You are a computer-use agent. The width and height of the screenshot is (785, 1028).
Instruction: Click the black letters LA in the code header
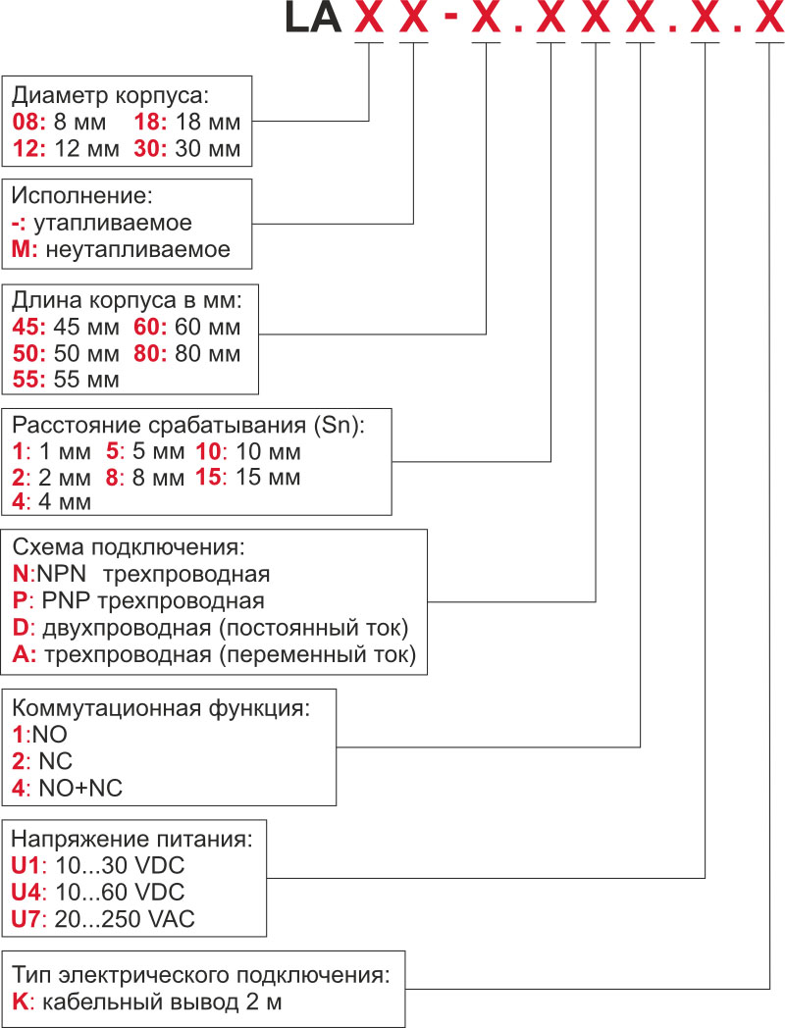[311, 19]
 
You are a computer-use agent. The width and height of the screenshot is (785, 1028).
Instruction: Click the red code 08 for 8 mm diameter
[25, 124]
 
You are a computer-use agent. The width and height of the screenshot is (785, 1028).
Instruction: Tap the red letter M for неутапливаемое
[24, 249]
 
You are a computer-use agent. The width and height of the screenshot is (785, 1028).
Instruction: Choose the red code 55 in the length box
[26, 379]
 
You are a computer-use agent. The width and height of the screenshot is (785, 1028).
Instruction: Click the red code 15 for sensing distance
[209, 478]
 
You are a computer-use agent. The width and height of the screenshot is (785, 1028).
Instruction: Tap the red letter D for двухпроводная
[19, 627]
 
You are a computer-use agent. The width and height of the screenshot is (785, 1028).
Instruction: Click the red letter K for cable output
[19, 1002]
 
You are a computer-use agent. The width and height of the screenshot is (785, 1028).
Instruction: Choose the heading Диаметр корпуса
[111, 97]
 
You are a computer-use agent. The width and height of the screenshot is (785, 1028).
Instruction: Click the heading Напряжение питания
[131, 840]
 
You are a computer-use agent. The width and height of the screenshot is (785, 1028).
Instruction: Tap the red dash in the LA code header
[450, 20]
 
